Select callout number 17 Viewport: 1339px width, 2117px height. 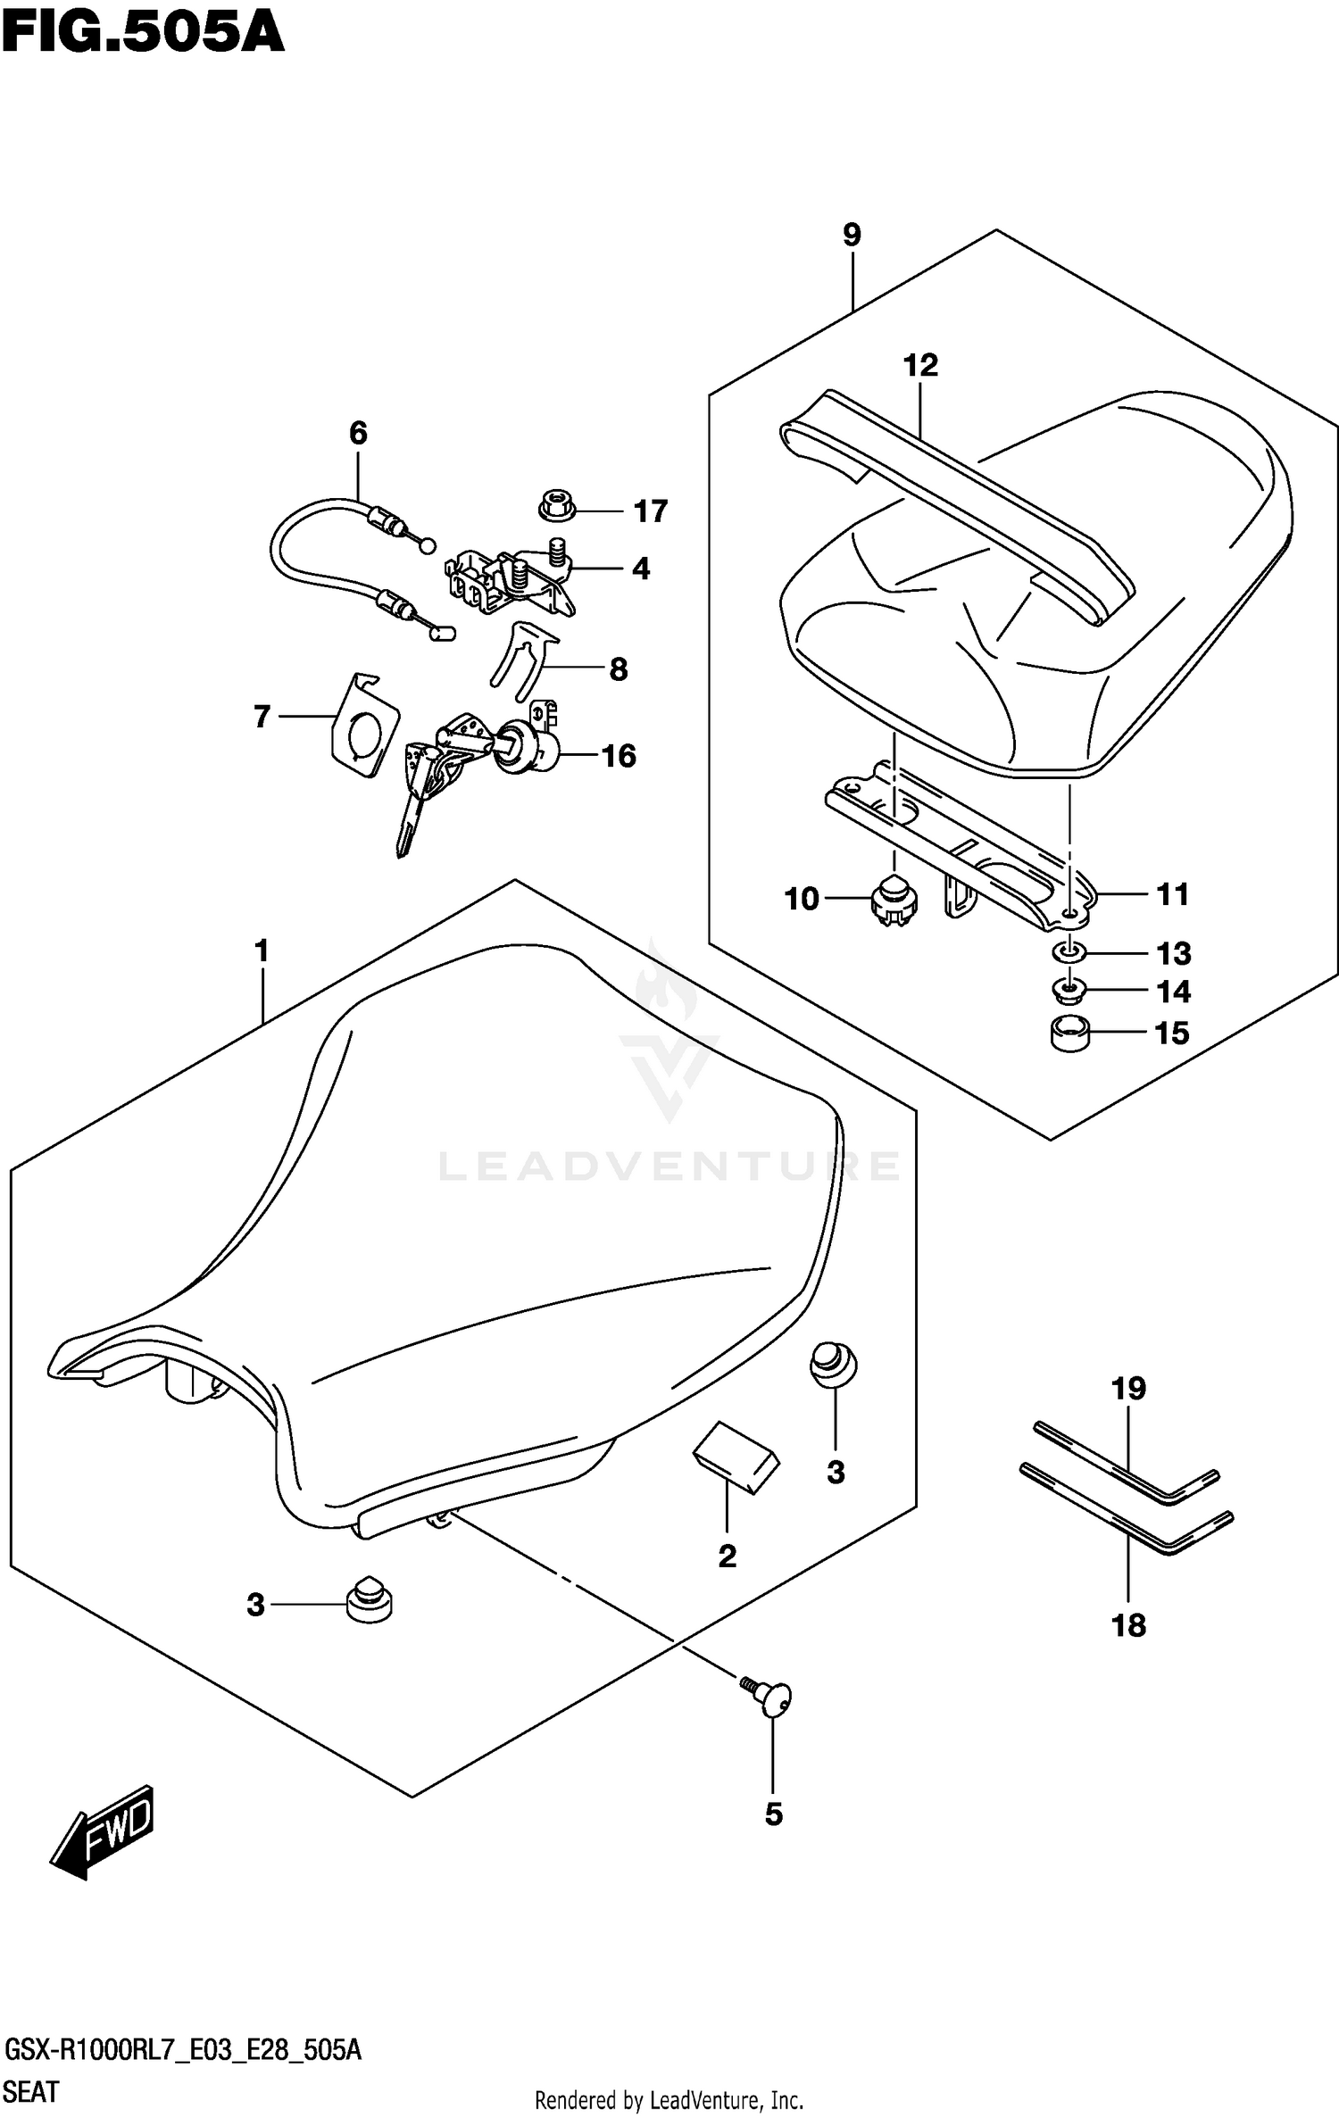tap(650, 511)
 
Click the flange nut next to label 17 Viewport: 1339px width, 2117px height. tap(557, 506)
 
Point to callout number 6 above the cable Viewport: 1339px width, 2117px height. tap(358, 434)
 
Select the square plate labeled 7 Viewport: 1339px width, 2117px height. tap(363, 725)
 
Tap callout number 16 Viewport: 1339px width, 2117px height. tap(619, 756)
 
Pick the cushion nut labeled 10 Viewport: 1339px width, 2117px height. tap(893, 901)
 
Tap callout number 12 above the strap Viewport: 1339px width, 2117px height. tap(920, 366)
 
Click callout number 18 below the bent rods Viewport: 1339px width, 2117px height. tap(1128, 1625)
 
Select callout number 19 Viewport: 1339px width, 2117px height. tap(1128, 1389)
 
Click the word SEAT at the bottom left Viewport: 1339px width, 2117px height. tap(32, 2091)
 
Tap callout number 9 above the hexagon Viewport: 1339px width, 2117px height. tap(852, 236)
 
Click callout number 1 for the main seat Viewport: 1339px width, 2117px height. tap(262, 951)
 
